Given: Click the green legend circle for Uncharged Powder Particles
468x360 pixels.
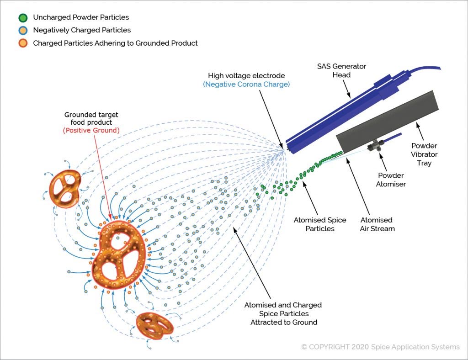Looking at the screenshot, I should click(x=23, y=17).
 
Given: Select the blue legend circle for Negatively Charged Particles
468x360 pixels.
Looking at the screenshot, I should click(x=23, y=30).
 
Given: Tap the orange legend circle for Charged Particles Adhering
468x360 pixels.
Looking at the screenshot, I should click(x=23, y=43).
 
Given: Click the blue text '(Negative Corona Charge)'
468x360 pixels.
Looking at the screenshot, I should click(x=247, y=85).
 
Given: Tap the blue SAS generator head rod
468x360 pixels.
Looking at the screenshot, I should click(x=338, y=114).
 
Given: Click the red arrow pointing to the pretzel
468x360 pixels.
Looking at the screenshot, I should click(x=102, y=174).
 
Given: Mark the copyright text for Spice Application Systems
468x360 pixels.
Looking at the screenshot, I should click(x=380, y=347).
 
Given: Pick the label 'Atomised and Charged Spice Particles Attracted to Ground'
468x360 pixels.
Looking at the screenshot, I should click(x=283, y=313).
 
